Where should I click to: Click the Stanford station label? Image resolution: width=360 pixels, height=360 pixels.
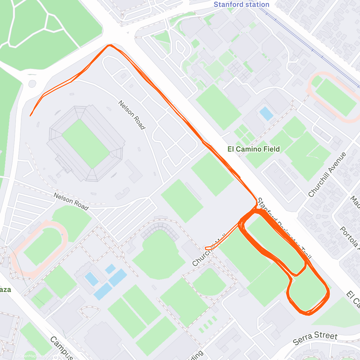(x=241, y=4)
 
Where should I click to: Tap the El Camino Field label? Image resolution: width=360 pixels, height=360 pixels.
(x=253, y=149)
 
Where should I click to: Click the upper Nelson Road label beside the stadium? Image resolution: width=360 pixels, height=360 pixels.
(x=132, y=115)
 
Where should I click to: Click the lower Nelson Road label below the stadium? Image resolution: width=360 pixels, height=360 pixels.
(x=71, y=201)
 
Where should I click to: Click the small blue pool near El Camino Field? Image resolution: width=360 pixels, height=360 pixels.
(x=266, y=113)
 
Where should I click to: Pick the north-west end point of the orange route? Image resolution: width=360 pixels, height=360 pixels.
(x=30, y=115)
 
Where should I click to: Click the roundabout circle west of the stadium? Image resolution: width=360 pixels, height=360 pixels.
(x=32, y=84)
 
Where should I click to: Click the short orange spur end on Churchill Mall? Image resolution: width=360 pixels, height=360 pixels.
(x=206, y=248)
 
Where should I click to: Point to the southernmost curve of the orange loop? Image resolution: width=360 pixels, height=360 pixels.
(x=307, y=314)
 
